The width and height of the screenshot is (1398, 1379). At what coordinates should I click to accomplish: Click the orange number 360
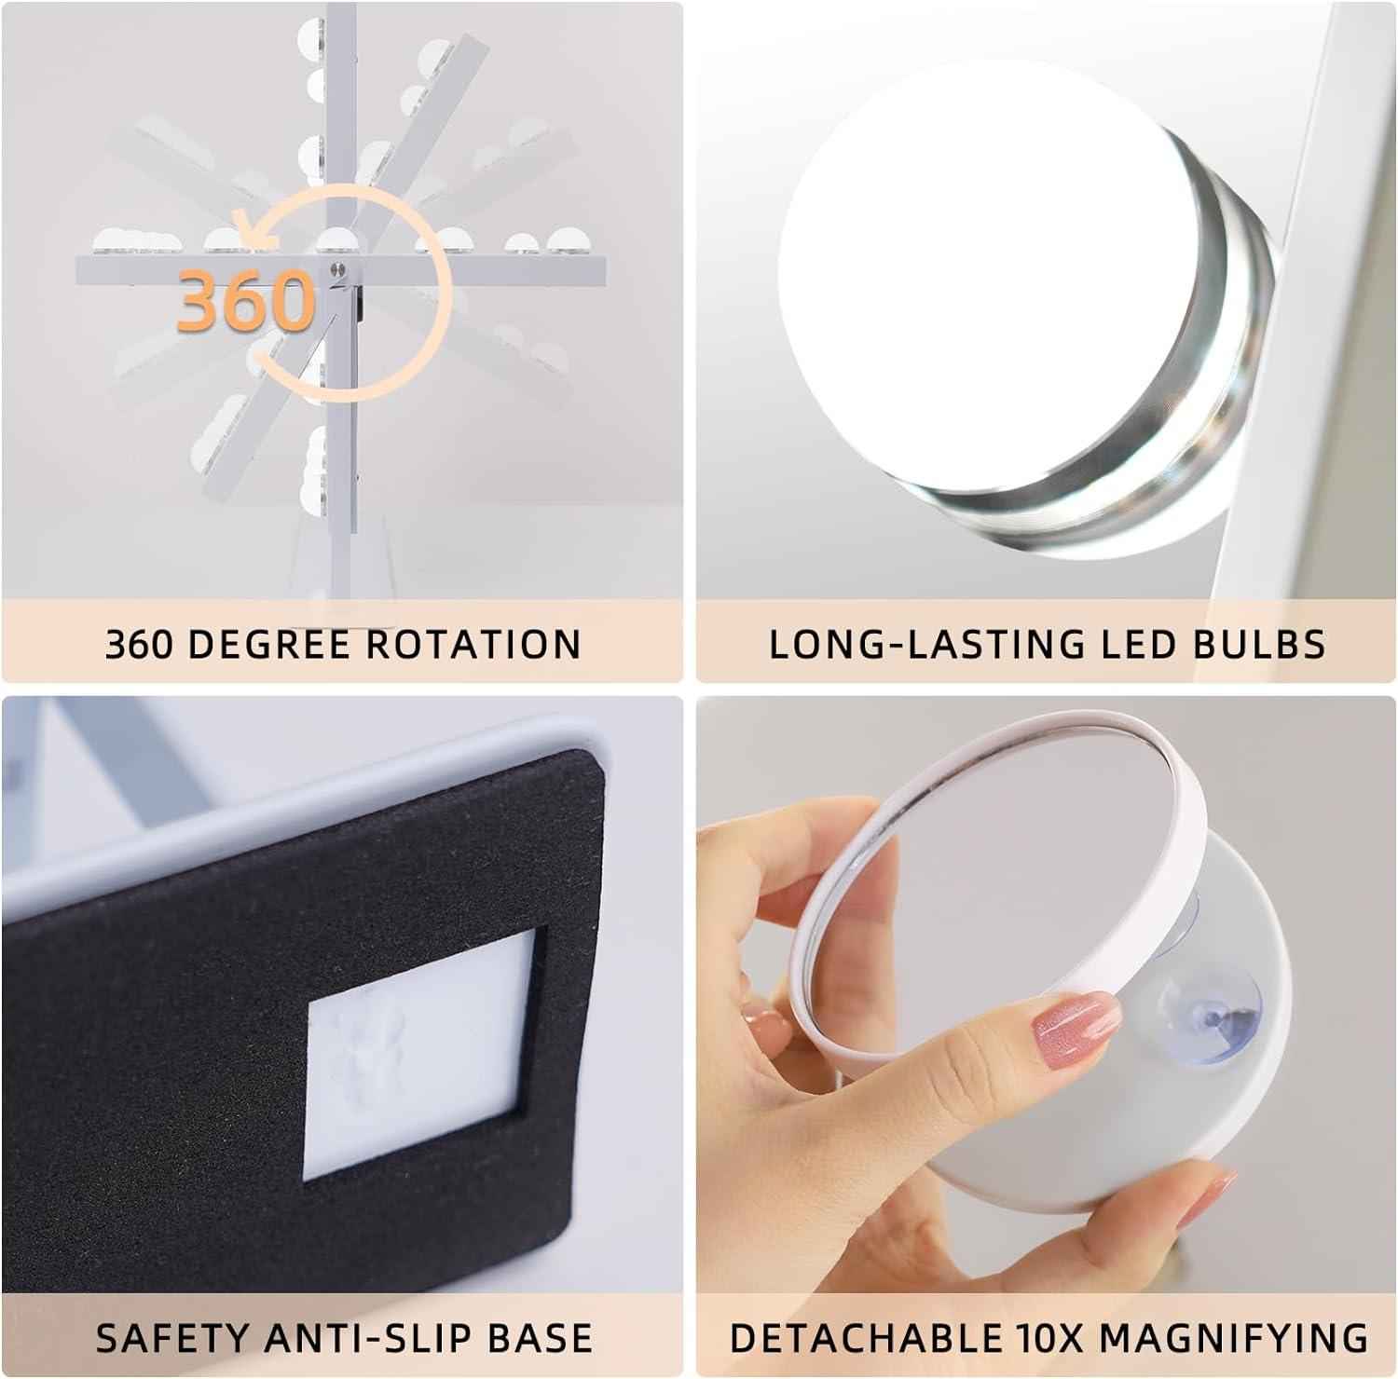pyautogui.click(x=246, y=300)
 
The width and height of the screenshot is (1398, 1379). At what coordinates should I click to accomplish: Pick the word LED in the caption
pyautogui.click(x=1131, y=645)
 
